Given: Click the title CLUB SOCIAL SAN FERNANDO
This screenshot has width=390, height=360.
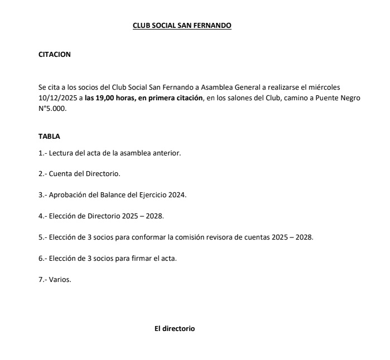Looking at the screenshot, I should coord(182,26).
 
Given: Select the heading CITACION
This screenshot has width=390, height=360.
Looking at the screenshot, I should coord(55,55).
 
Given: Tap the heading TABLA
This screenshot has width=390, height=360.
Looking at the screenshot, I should coord(49,137).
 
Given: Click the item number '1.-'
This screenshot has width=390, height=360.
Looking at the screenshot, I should coord(43,152).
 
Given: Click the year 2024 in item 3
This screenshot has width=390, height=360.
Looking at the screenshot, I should coord(177,194).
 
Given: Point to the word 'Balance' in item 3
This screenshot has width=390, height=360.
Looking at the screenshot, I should coord(116,194).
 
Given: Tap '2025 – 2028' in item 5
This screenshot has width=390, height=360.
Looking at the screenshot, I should coord(292,237).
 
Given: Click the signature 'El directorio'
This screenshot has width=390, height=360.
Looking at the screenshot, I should coord(175,329).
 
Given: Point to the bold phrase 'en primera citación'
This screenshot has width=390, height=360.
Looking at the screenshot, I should coord(171,98).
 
